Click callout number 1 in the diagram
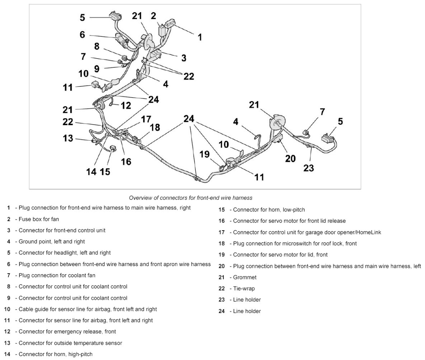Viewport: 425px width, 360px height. pos(200,37)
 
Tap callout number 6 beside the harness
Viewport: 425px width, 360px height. pos(82,35)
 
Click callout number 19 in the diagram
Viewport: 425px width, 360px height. pos(204,155)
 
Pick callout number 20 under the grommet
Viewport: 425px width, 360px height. pos(290,158)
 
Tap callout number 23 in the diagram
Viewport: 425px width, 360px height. pos(308,167)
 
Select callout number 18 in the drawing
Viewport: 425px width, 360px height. pos(155,127)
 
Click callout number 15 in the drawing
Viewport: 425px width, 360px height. pos(105,171)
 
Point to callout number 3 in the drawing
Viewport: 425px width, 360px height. pos(183,58)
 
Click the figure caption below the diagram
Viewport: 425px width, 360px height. pos(190,198)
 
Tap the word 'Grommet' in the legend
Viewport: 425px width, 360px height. pos(245,277)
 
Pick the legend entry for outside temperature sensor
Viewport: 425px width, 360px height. pos(70,343)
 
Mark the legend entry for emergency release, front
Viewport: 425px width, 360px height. pos(67,331)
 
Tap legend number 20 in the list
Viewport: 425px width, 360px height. pos(221,266)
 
